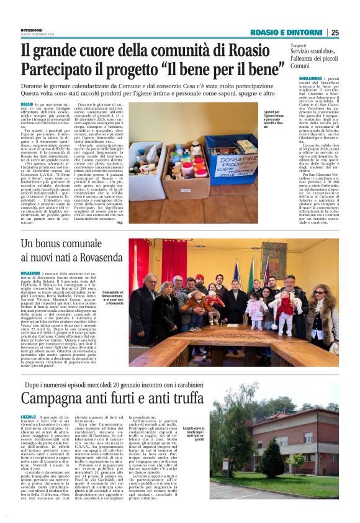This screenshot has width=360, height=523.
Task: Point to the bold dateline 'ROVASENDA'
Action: [x=31, y=273]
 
